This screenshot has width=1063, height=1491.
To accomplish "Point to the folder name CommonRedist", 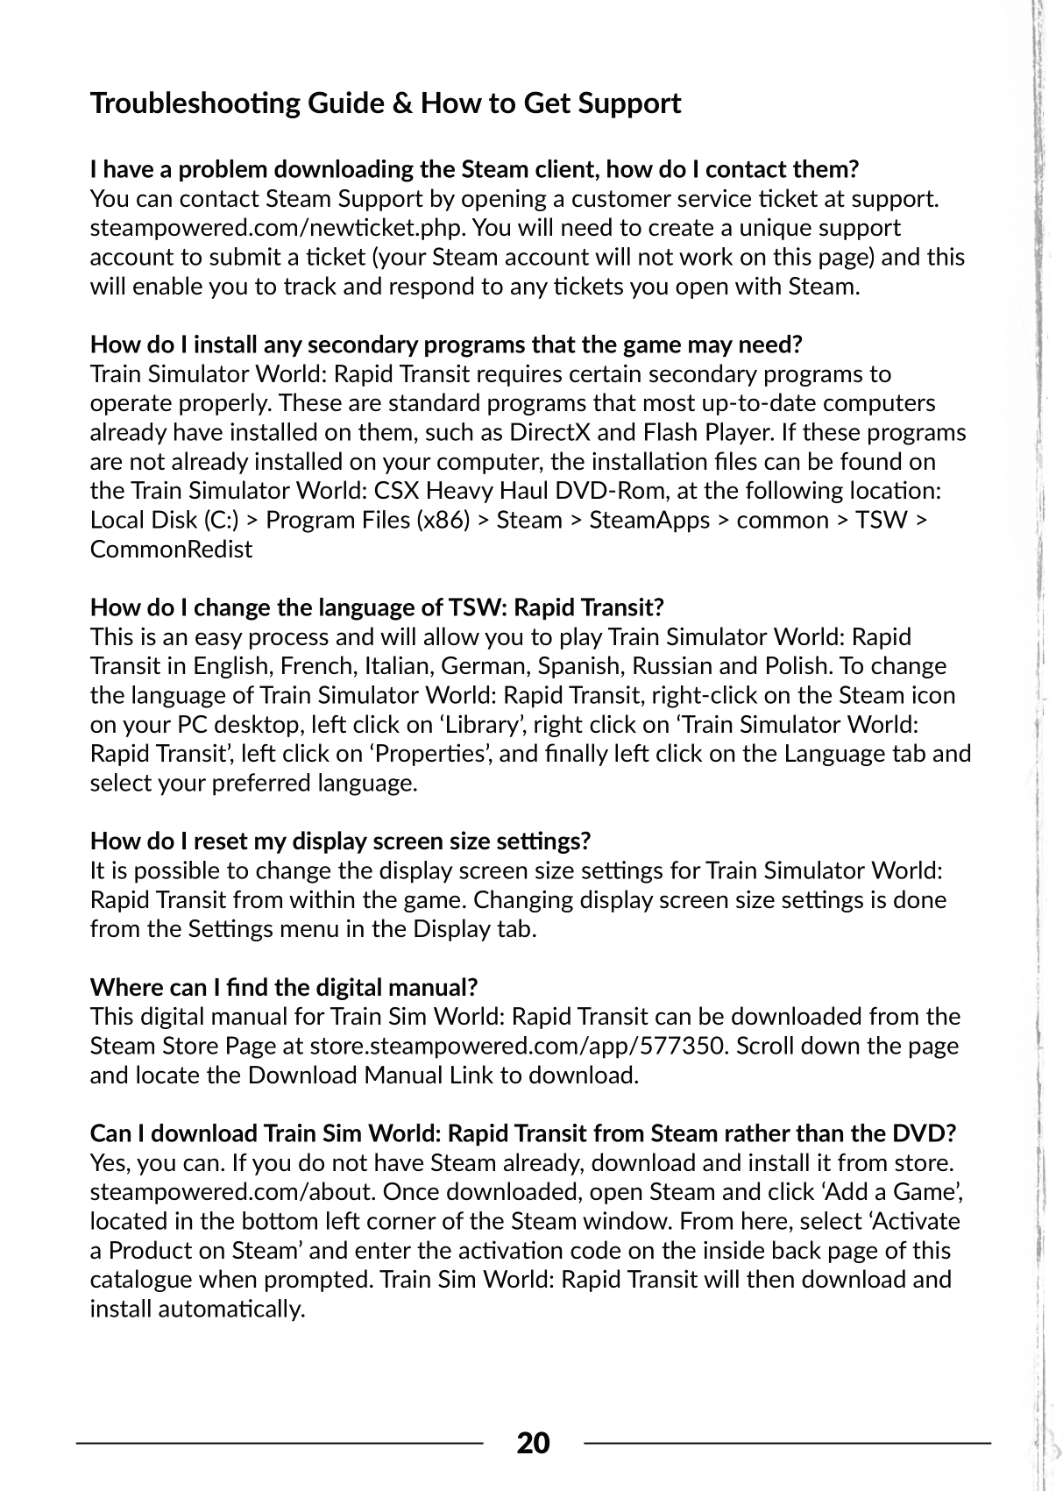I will tap(171, 550).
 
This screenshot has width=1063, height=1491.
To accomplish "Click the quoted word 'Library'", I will tap(487, 725).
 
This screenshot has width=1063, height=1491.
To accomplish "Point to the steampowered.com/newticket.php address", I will tap(275, 228).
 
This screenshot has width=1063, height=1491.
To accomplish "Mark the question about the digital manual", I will tap(283, 988).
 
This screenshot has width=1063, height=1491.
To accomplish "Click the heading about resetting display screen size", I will tap(340, 841).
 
